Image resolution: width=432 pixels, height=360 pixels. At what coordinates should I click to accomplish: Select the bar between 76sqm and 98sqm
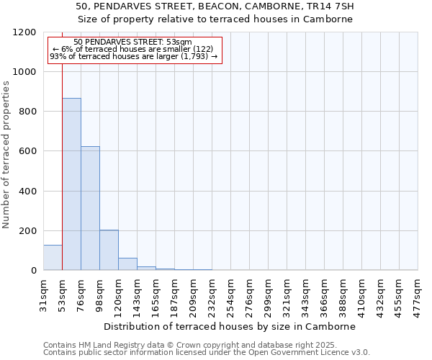90,209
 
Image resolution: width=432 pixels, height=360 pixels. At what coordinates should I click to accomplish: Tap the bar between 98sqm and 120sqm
109,250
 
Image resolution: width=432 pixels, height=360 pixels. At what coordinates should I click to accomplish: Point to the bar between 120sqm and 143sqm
127,264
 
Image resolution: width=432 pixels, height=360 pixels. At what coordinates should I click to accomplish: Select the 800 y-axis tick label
25,112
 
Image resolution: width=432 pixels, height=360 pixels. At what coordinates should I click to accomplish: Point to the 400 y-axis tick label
25,192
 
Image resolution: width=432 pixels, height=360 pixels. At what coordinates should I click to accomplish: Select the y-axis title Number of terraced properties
6,155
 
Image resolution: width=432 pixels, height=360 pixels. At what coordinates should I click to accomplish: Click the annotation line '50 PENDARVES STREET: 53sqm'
133,42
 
